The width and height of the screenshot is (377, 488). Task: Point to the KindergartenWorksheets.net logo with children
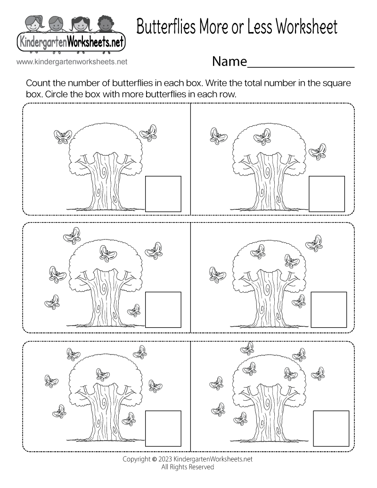click(x=71, y=33)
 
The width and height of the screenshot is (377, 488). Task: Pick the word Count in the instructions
click(x=38, y=84)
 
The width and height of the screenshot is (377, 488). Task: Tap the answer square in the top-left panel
click(x=163, y=194)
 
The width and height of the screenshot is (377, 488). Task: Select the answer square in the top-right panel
click(x=327, y=194)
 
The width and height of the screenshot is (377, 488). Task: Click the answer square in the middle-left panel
click(x=163, y=310)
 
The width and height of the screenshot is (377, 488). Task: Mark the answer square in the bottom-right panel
click(x=331, y=429)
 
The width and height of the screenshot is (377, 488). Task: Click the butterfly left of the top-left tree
click(x=62, y=136)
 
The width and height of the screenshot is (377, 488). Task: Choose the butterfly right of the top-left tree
click(x=149, y=132)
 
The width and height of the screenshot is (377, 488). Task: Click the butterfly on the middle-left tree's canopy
click(x=108, y=253)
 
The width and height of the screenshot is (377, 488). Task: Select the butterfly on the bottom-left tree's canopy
click(x=103, y=374)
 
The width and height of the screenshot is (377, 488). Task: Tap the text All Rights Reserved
click(x=188, y=467)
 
